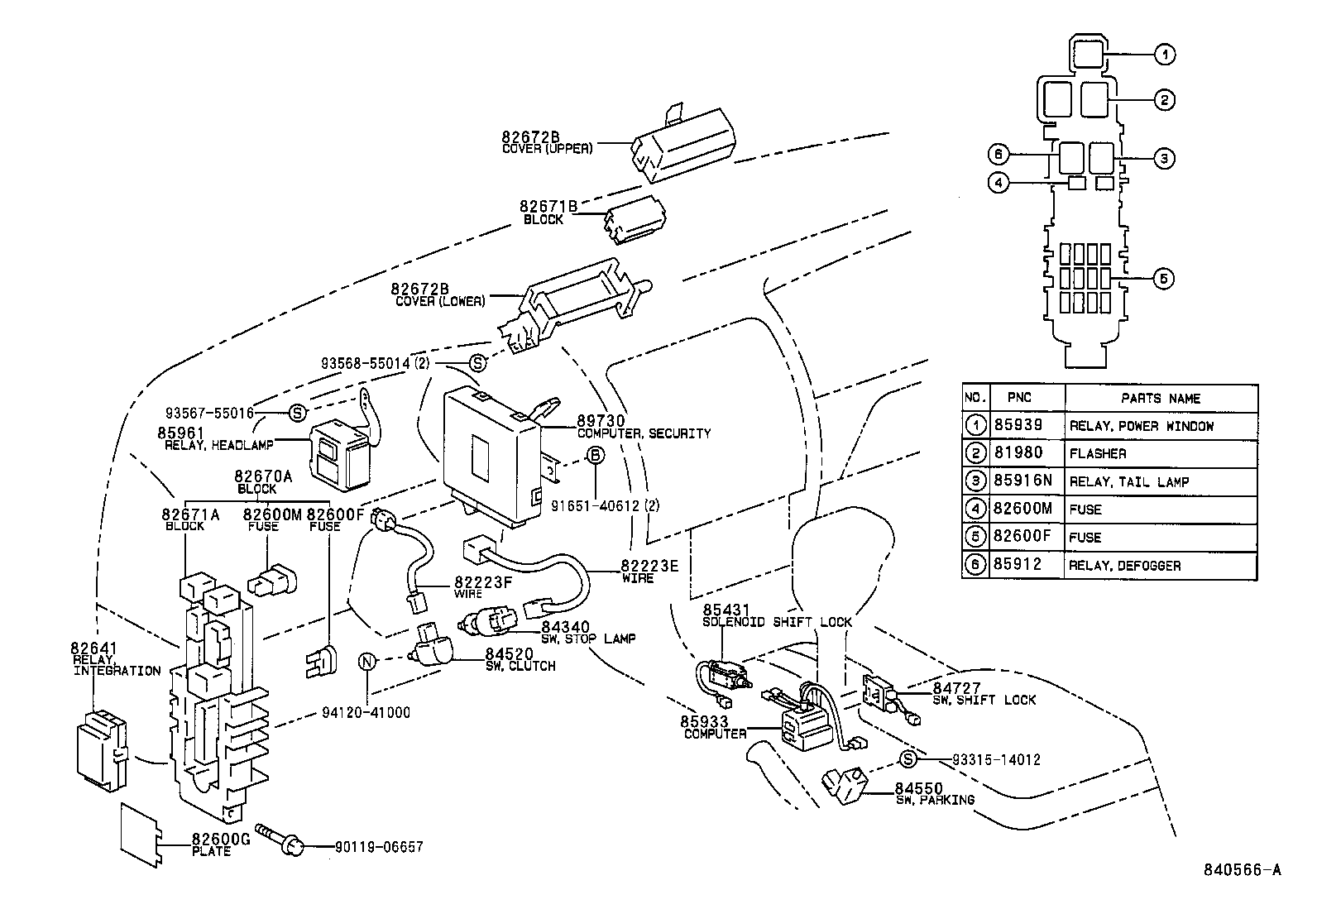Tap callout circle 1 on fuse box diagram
[x=1164, y=55]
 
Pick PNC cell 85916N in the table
[x=1022, y=481]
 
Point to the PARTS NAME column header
[x=1160, y=398]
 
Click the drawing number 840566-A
[x=1242, y=869]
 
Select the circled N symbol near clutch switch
[x=367, y=661]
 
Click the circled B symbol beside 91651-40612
[x=596, y=455]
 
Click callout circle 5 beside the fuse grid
[x=1163, y=279]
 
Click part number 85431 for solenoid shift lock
[x=726, y=611]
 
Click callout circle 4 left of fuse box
[x=999, y=183]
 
